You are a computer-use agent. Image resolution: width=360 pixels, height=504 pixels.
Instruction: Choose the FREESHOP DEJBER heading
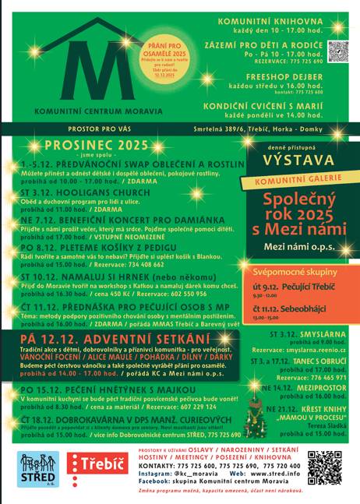(x=282, y=78)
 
